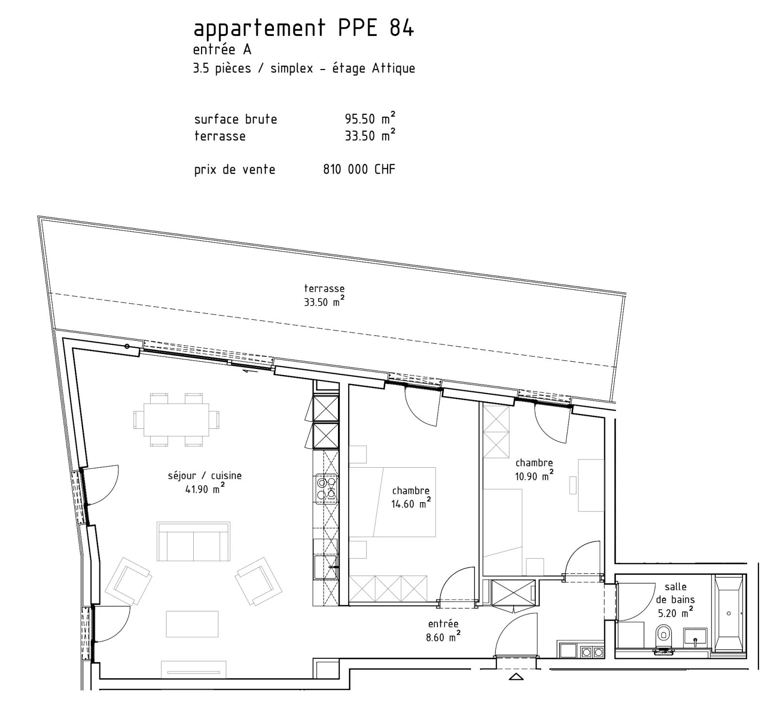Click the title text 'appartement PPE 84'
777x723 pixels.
point(304,29)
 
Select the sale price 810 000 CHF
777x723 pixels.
point(359,169)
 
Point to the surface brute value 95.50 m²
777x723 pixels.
point(370,118)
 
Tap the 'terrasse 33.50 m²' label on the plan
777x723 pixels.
point(324,295)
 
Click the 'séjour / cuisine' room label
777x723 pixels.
point(204,476)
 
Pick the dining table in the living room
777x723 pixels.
point(176,420)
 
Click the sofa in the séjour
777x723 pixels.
point(193,542)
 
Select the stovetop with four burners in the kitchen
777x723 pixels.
point(326,489)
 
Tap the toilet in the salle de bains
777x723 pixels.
point(663,636)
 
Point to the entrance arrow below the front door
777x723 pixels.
point(516,676)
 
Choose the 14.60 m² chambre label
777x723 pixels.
point(411,497)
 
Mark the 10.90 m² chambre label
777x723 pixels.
point(534,470)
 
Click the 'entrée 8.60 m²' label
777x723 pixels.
point(443,631)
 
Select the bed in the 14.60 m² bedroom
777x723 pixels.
point(392,502)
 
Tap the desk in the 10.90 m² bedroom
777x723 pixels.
point(591,485)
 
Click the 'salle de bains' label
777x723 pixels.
point(676,593)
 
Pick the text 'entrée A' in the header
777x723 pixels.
point(222,50)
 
